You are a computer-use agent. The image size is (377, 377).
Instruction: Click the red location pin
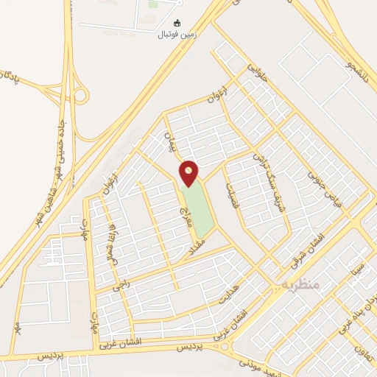(189, 172)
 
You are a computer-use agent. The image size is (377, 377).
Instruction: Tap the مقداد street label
(200, 248)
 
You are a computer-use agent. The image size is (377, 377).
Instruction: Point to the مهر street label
(15, 327)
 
